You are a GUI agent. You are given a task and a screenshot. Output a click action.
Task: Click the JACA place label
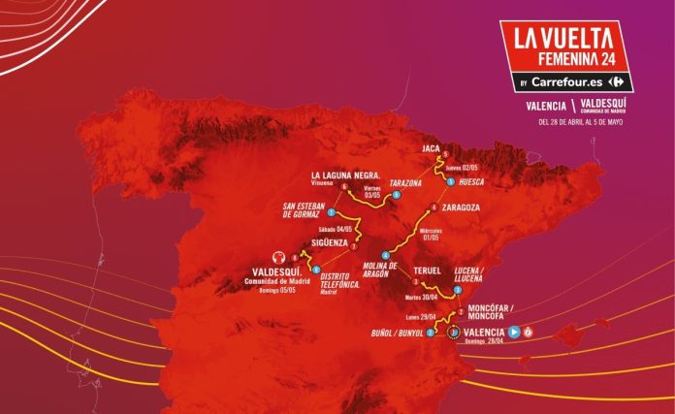coord(433,148)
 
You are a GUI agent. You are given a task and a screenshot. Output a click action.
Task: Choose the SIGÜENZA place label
coord(330,243)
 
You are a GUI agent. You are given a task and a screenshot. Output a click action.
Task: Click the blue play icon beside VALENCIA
coord(514,332)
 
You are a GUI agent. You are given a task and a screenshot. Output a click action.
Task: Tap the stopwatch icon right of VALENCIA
coord(529,332)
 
